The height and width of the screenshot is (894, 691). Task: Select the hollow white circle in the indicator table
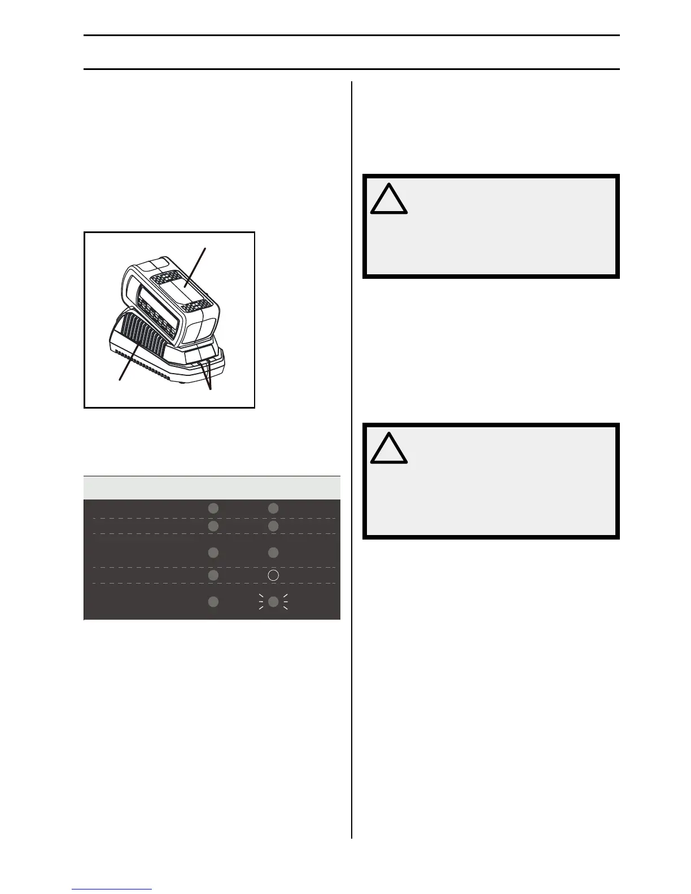tap(273, 575)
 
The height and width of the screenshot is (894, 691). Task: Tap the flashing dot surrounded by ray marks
tap(273, 602)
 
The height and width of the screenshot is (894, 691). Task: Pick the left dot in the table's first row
tap(213, 509)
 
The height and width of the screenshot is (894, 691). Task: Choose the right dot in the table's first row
tap(273, 509)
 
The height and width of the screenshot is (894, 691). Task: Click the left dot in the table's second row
tap(213, 526)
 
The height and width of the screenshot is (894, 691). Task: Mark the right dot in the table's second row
tap(273, 526)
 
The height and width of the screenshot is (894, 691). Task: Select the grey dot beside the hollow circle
tap(213, 575)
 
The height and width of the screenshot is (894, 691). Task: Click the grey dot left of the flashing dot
tap(213, 602)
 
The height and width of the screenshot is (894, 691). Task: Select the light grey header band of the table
tap(212, 488)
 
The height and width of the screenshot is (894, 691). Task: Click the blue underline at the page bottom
tap(112, 889)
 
